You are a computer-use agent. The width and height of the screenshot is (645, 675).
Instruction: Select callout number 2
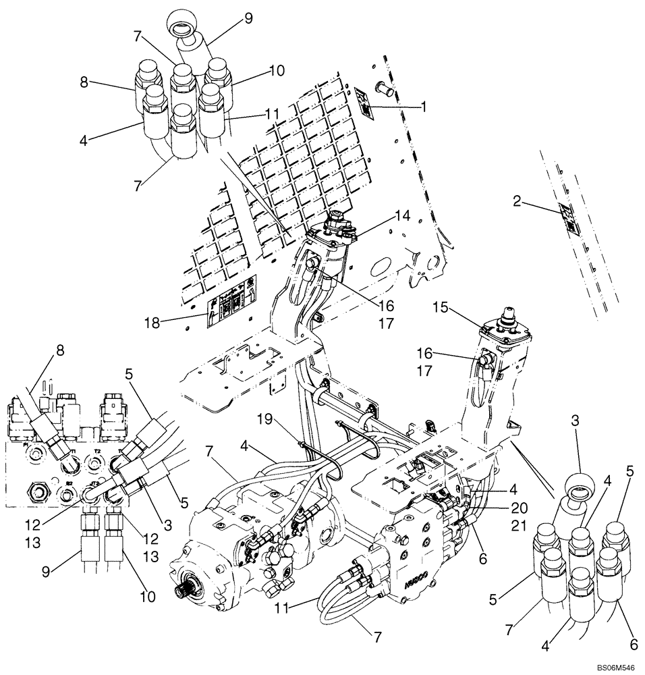[516, 200]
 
